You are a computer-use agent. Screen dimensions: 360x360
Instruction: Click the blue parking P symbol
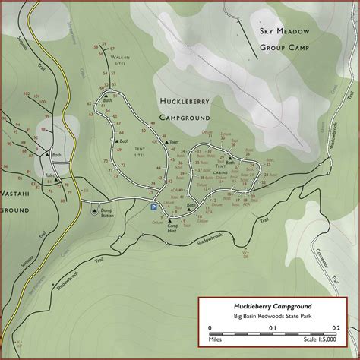(x=153, y=206)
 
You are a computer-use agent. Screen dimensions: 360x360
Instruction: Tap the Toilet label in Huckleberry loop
(x=174, y=142)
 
